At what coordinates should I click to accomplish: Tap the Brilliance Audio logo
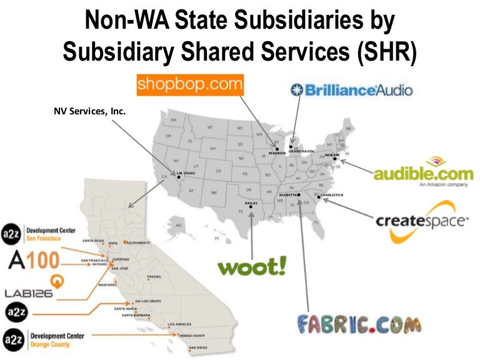[x=352, y=90]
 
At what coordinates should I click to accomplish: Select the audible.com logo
[x=422, y=173]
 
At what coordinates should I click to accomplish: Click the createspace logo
[x=422, y=221]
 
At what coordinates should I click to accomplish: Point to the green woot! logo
[x=252, y=267]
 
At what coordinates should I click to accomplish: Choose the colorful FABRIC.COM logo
[x=357, y=325]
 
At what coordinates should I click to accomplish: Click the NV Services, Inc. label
[x=90, y=112]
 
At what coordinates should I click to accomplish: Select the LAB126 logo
[x=29, y=292]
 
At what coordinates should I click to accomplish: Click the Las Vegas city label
[x=187, y=172]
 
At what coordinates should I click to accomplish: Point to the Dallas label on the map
[x=250, y=203]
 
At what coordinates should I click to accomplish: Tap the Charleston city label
[x=331, y=195]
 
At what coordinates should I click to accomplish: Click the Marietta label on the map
[x=288, y=195]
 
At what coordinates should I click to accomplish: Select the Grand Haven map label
[x=301, y=151]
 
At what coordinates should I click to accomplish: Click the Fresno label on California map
[x=154, y=276]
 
